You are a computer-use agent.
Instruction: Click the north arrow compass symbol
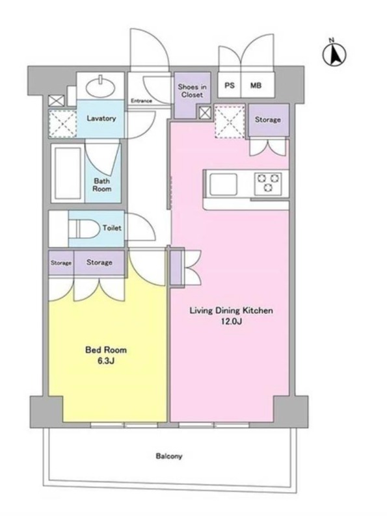(334, 53)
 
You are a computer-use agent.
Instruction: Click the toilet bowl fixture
(85, 229)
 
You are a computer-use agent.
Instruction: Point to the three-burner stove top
(268, 183)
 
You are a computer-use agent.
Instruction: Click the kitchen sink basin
(223, 183)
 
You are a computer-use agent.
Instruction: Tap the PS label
(230, 85)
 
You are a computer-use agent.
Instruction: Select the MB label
(256, 85)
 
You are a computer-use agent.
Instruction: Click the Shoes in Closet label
(192, 90)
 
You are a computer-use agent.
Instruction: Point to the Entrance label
(141, 101)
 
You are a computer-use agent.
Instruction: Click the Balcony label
(169, 456)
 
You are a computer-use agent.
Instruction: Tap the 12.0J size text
(232, 321)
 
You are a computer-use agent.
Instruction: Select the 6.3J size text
(106, 361)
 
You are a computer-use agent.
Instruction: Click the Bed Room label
(106, 350)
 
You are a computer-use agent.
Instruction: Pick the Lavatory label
(101, 118)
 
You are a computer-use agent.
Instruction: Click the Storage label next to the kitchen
(268, 120)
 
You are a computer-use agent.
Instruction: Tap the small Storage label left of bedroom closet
(61, 263)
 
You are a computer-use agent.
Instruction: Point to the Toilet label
(112, 228)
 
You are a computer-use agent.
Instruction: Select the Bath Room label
(102, 185)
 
